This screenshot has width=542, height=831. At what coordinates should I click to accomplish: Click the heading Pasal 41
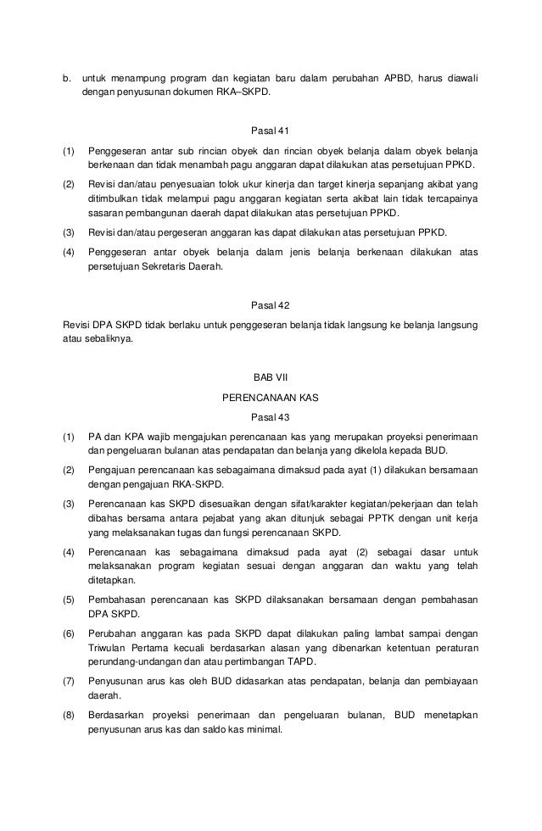coord(271,131)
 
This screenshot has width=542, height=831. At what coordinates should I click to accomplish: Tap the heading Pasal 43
coord(271,416)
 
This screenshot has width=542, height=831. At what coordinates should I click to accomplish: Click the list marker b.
coord(67,78)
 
